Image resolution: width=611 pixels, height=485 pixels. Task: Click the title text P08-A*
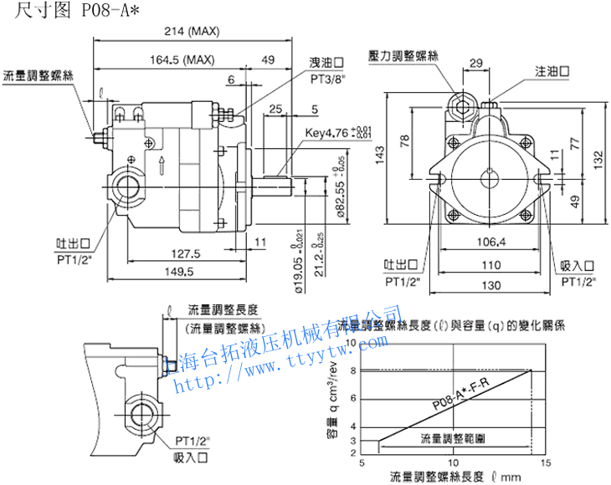pos(108,10)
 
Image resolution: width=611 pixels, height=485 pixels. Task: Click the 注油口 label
pos(552,73)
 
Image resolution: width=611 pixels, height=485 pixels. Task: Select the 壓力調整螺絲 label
pos(403,56)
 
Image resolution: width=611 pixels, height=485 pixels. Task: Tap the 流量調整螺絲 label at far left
pos(39,75)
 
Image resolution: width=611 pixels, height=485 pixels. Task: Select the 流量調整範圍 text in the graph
pos(453,437)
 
